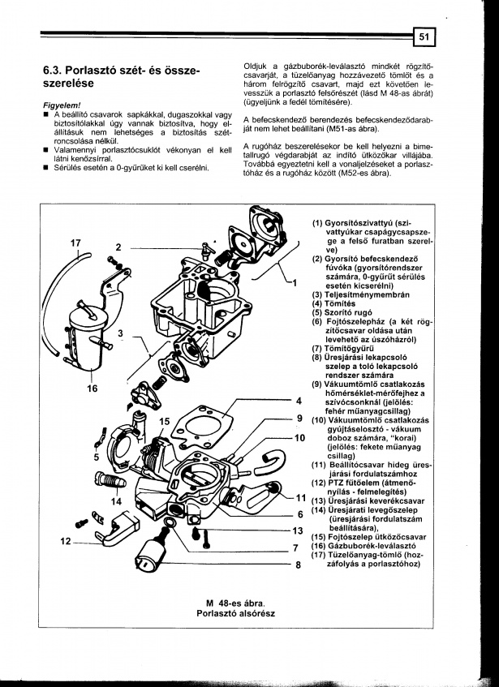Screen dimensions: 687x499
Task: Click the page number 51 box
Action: [424, 36]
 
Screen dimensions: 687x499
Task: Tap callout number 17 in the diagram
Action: [75, 243]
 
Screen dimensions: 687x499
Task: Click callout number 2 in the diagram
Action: [119, 247]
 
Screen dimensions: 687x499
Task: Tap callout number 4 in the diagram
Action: [299, 401]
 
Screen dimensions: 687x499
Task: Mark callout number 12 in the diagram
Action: [66, 540]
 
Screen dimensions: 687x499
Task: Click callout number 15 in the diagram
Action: [165, 421]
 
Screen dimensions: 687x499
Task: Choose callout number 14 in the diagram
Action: [116, 501]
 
